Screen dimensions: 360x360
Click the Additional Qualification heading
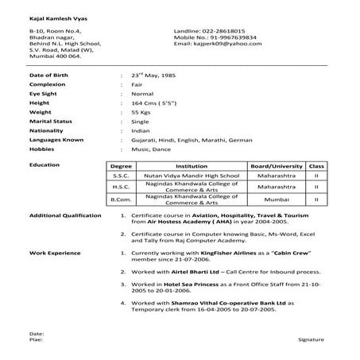click(x=65, y=215)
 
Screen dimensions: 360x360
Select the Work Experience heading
click(x=54, y=251)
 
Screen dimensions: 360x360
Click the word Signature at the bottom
click(x=311, y=339)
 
